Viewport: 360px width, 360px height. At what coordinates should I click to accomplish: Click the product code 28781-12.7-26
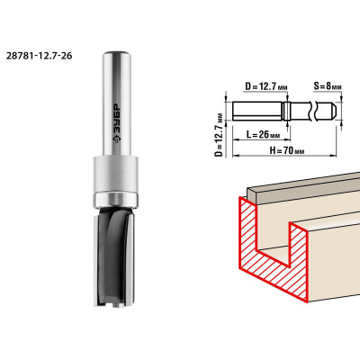point(39,56)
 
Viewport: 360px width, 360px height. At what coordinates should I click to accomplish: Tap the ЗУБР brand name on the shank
point(116,119)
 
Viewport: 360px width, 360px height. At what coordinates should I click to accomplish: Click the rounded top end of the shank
point(117,55)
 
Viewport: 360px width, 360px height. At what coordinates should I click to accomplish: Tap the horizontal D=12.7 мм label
point(266,87)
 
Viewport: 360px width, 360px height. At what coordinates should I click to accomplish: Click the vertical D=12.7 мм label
point(220,135)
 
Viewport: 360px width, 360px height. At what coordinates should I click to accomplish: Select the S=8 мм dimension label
point(328,86)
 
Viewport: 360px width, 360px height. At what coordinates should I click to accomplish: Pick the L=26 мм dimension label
point(264,135)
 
